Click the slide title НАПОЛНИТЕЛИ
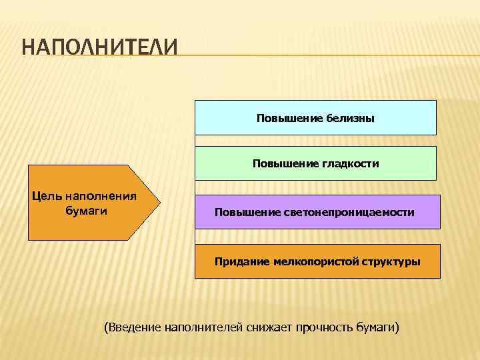(100, 49)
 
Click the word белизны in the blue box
(351, 118)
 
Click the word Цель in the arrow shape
(46, 197)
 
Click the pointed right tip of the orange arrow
(160, 201)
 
